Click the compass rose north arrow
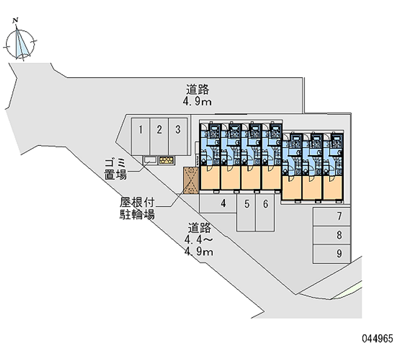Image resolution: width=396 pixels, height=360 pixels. coord(20,43)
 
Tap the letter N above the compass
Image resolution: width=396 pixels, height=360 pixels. coord(17,20)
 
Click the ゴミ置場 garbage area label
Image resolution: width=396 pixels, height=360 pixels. coord(115,169)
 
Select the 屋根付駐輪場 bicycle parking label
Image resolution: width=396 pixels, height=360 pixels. coord(137,208)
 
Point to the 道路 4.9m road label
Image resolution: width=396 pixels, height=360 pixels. coord(198,96)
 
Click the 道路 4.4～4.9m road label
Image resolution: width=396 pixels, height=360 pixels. coord(199,240)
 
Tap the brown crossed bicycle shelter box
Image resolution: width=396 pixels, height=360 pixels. coord(191,179)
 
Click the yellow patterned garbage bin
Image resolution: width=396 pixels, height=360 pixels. coord(166,160)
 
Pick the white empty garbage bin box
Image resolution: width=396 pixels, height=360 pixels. coord(150,160)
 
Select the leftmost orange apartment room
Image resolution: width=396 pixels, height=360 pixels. coord(210,178)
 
